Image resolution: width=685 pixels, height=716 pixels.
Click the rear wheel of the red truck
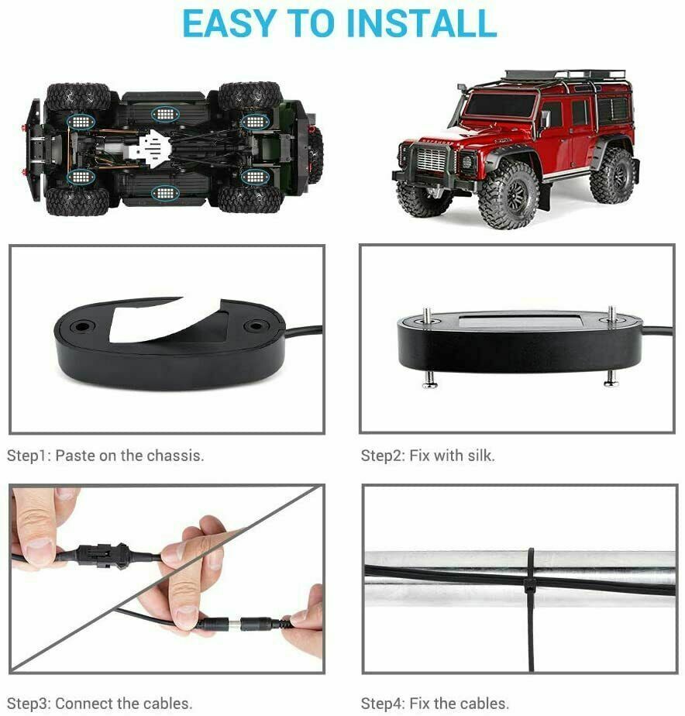click(x=613, y=175)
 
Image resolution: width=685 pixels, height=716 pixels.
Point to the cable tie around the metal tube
click(x=530, y=610)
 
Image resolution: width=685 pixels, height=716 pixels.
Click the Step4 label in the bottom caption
click(x=382, y=704)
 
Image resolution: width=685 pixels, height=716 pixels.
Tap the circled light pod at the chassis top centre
click(x=165, y=113)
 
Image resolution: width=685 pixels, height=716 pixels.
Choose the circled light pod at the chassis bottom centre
click(x=165, y=193)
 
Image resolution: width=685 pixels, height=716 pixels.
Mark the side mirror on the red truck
click(x=545, y=119)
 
